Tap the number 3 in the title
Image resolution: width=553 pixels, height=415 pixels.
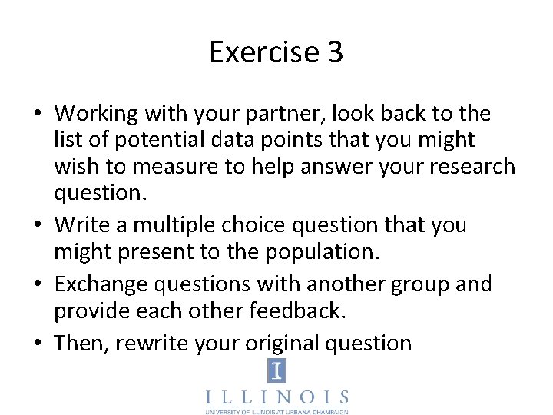pyautogui.click(x=335, y=52)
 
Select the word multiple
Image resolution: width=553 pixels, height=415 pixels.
pyautogui.click(x=161, y=225)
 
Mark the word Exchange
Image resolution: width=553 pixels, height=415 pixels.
pyautogui.click(x=104, y=284)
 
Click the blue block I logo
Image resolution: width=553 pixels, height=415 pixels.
pyautogui.click(x=276, y=371)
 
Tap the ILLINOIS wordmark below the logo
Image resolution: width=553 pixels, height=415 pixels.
pyautogui.click(x=276, y=398)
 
